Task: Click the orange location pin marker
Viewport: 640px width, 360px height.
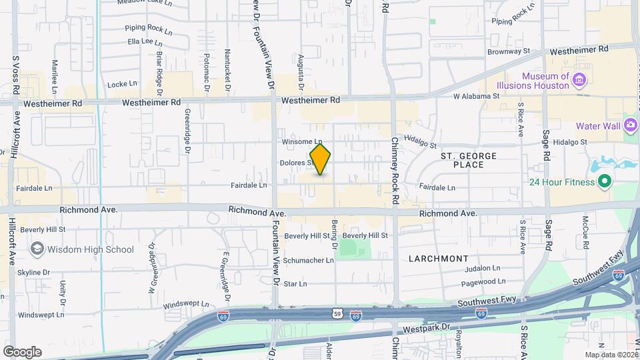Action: [321, 159]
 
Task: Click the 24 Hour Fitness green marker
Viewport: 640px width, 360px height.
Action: [604, 181]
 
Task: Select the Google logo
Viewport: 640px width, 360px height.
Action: [22, 352]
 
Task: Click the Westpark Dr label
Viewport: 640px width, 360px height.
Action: [421, 330]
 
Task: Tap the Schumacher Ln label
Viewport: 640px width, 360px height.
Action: [309, 260]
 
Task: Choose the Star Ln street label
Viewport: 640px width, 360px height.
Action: [295, 284]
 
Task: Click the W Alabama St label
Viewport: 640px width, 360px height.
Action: [476, 97]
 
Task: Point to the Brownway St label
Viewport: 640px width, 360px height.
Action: [508, 51]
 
